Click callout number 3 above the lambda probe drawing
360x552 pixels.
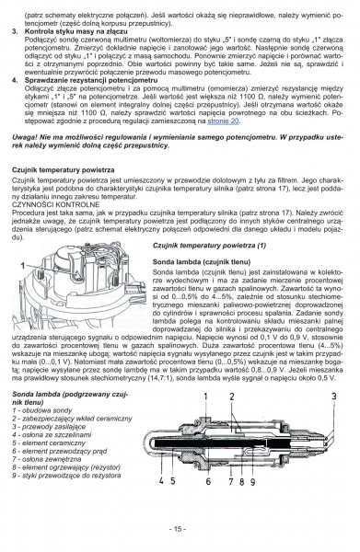click(339, 421)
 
